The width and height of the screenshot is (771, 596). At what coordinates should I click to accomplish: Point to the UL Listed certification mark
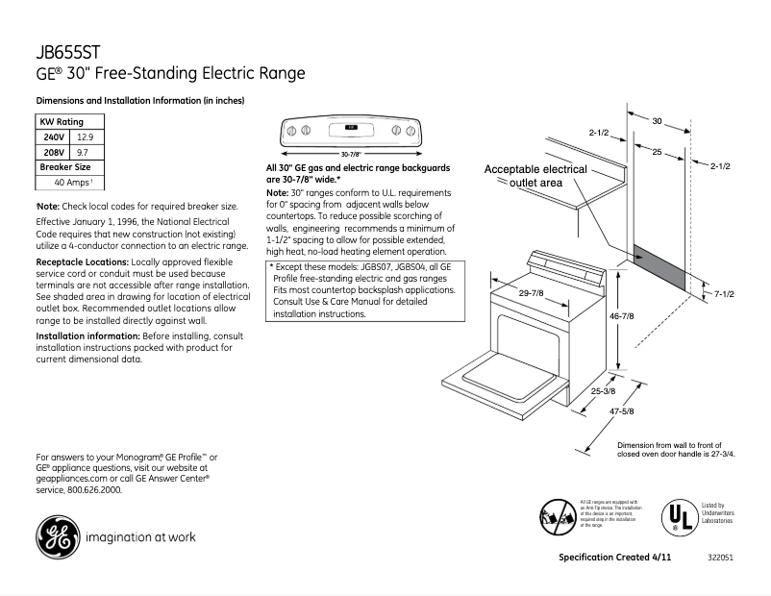(x=678, y=517)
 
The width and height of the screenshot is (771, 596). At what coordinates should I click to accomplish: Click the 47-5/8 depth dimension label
(x=620, y=411)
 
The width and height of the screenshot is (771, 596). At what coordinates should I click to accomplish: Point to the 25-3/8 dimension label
(x=604, y=391)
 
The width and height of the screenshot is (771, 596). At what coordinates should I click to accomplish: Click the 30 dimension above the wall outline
(x=657, y=121)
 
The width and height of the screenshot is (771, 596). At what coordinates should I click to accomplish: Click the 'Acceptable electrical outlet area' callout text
(x=535, y=176)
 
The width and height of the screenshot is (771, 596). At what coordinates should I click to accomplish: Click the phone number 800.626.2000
(x=94, y=489)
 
